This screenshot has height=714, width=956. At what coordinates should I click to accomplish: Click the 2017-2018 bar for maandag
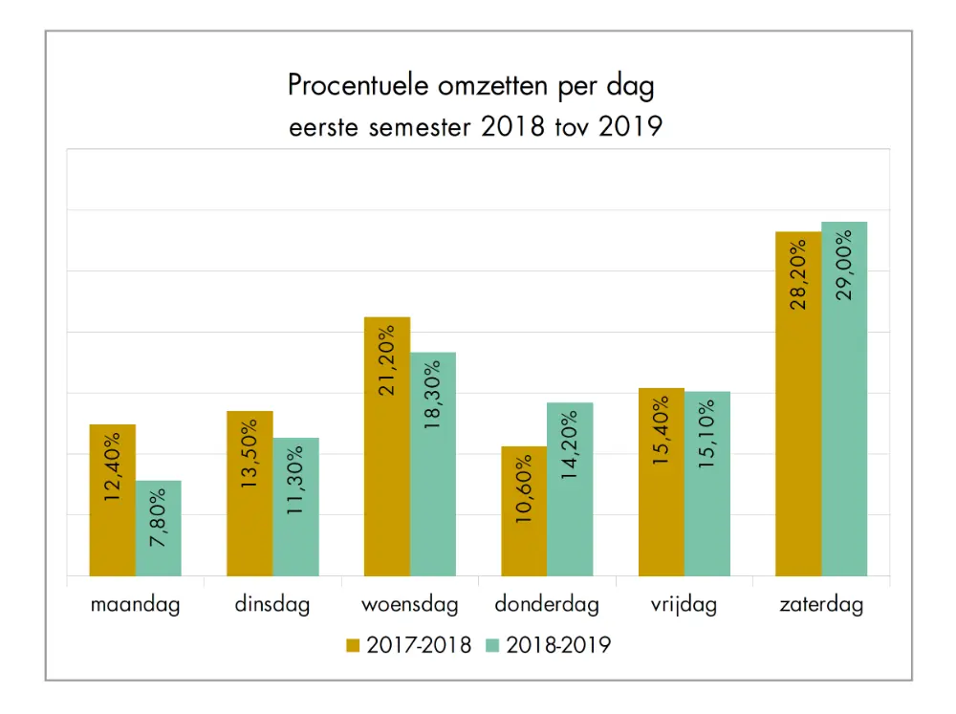pos(113,501)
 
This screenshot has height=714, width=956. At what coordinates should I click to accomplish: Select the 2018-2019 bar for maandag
pos(159,529)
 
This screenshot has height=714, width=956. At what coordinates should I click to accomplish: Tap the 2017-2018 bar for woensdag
pos(387,446)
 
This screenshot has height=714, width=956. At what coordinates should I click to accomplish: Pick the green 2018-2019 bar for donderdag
pos(570,489)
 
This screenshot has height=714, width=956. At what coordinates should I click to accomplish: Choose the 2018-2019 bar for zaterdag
pos(844,400)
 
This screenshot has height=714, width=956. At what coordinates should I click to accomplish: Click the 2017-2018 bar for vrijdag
pos(662,483)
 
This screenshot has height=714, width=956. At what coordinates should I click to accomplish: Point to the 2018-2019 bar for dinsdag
pos(295,508)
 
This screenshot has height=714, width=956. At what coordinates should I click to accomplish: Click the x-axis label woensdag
pos(410,605)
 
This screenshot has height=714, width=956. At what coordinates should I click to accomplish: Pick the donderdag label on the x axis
pos(547,605)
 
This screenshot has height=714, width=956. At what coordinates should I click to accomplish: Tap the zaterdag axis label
pos(820,605)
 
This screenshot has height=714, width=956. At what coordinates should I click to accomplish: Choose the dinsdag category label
pos(272,605)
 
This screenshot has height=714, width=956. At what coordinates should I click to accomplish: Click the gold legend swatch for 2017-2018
pos(356,645)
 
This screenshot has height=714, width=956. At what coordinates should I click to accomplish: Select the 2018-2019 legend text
pos(558,645)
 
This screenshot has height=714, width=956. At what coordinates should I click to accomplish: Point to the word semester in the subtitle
pos(421,127)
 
